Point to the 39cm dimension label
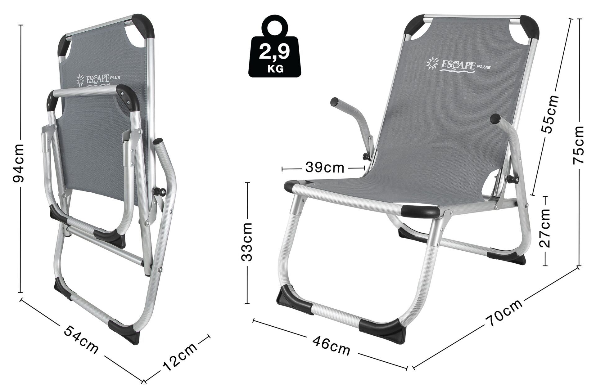point(325,168)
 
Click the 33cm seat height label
point(247,242)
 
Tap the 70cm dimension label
point(505,312)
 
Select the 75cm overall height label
point(578,145)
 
